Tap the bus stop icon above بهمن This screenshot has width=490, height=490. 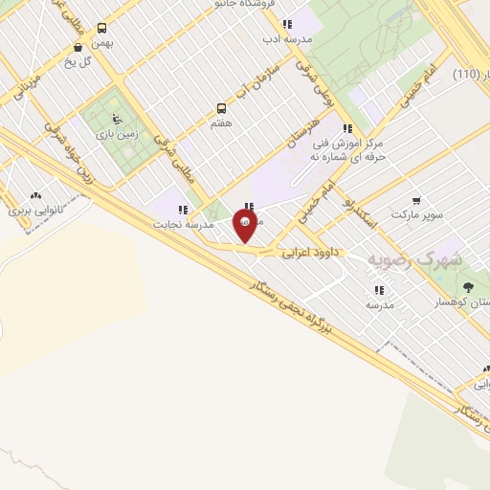point(102,28)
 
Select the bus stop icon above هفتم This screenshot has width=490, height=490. point(222,108)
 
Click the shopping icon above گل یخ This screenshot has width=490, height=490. point(78,47)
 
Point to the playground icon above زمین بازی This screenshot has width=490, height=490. point(117,120)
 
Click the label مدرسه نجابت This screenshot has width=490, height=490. point(180,224)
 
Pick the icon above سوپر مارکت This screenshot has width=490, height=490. point(415,200)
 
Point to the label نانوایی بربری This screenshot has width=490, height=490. point(34,208)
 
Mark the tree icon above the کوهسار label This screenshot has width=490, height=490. point(468,287)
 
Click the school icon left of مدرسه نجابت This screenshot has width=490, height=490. point(182,210)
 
